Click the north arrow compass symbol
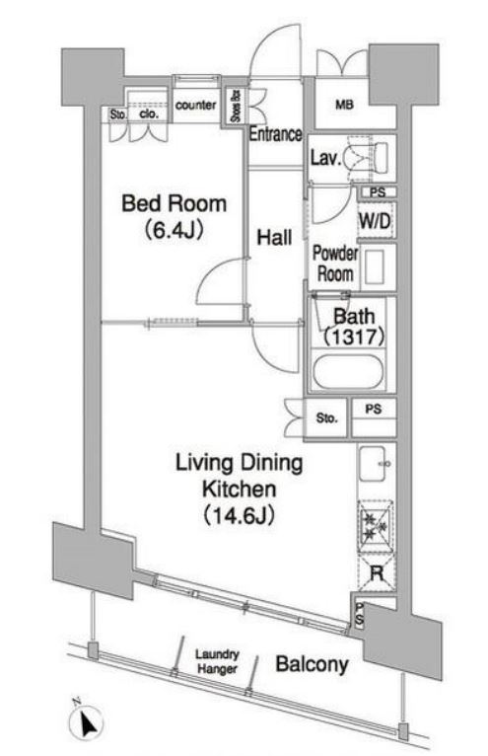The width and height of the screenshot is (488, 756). [86, 721]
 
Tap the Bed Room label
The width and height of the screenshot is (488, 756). [174, 203]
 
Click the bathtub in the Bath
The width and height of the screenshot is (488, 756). [348, 372]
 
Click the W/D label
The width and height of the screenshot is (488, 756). [375, 221]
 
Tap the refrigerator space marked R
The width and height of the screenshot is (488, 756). [377, 573]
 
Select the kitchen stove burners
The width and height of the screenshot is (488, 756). [376, 525]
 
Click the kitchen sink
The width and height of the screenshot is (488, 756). [373, 464]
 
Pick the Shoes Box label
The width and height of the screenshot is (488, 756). [236, 105]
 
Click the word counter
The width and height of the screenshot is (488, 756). [195, 105]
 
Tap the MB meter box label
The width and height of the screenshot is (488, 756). [344, 105]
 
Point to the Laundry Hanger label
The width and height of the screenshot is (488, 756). [217, 661]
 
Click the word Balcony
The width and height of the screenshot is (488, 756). [312, 664]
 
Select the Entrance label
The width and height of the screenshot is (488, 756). [276, 134]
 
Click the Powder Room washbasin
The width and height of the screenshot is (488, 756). [374, 266]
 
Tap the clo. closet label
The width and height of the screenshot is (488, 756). [149, 113]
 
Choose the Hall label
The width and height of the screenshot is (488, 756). [274, 237]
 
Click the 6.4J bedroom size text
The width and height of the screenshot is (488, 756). [174, 231]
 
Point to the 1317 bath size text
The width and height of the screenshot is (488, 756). [354, 336]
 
